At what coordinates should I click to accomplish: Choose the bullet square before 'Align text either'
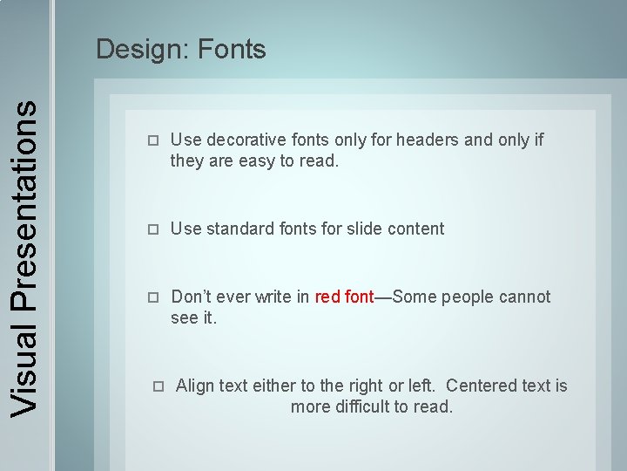[158, 386]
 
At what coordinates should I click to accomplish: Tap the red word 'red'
[327, 297]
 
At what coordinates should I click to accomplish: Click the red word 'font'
[359, 297]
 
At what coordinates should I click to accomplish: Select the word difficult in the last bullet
[367, 407]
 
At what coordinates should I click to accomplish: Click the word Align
[194, 386]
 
